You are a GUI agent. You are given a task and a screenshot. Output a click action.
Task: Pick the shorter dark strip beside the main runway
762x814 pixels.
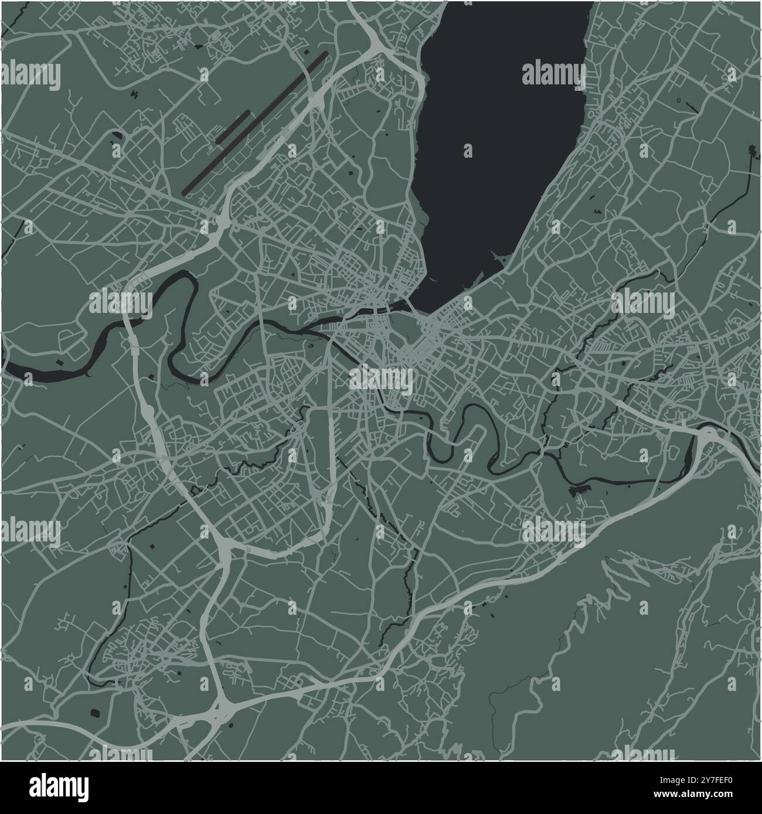[x=233, y=126]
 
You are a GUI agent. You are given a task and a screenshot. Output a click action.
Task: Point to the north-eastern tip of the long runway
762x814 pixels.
[x=325, y=55]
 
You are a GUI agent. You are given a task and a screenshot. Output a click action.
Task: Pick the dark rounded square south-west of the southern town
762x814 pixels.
[x=94, y=713]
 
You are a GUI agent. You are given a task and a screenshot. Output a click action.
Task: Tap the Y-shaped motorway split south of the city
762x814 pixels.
[x=225, y=549]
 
